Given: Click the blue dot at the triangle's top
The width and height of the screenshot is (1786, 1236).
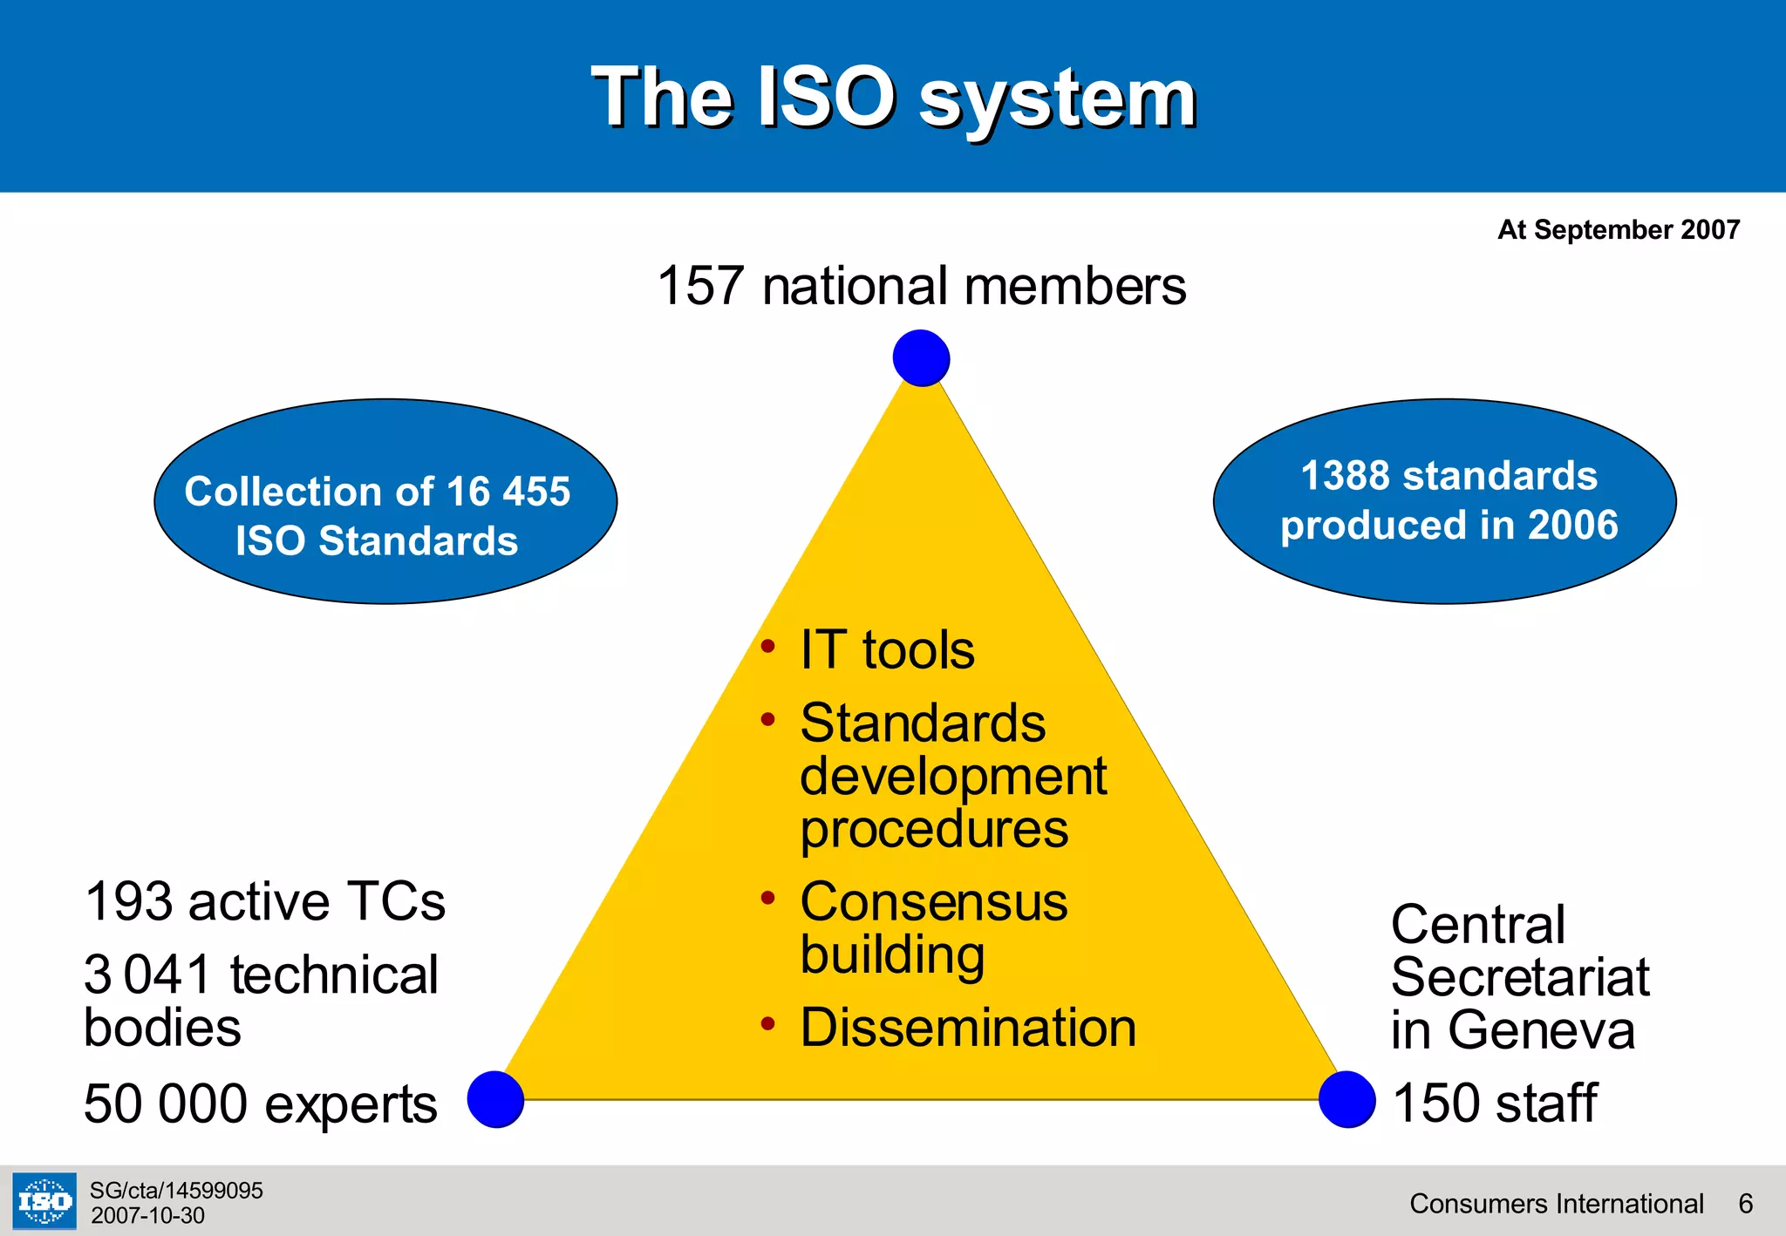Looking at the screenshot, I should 921,358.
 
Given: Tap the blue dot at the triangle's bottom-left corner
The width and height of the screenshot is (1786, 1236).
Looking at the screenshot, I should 495,1099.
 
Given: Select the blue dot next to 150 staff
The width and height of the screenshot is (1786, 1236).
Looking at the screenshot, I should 1346,1099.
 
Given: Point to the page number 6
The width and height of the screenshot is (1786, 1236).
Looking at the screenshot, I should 1745,1204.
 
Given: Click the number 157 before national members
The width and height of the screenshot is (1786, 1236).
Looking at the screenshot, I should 700,286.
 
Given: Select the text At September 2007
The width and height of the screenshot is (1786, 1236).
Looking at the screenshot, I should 1618,229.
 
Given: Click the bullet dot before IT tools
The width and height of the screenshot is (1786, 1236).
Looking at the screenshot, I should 767,647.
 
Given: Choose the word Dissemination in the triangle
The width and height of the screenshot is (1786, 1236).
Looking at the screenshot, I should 968,1028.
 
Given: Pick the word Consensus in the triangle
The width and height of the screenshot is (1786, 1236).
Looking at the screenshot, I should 933,901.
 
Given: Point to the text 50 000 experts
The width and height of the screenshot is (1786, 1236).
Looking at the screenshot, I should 260,1104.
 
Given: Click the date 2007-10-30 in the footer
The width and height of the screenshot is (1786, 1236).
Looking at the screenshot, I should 147,1216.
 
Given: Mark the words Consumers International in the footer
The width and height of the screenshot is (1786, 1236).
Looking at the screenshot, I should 1556,1204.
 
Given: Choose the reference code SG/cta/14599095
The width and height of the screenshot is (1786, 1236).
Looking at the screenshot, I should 176,1191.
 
